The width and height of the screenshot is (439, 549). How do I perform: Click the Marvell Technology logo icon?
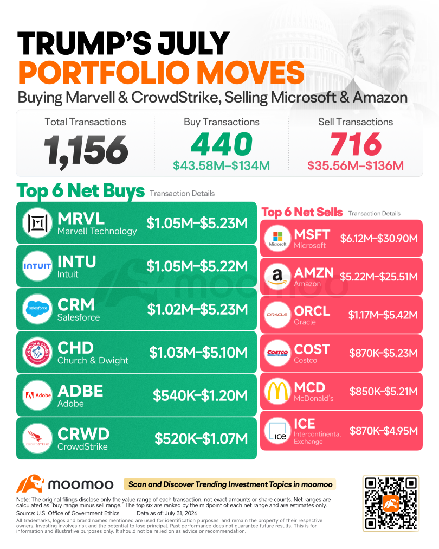(37, 223)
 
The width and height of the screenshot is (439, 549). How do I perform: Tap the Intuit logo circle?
(37, 266)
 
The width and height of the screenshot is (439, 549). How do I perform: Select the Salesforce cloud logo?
(37, 309)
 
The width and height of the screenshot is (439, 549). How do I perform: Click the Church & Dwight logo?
(37, 352)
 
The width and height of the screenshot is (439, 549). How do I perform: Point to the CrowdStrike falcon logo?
(37, 438)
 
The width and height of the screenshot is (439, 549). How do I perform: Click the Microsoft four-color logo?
(277, 239)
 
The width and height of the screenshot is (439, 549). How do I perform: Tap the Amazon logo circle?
(277, 277)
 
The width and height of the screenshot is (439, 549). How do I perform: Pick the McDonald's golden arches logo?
(277, 391)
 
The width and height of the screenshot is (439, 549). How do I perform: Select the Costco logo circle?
(277, 353)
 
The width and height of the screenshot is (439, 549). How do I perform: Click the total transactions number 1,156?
(86, 150)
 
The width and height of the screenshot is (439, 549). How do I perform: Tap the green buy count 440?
(222, 144)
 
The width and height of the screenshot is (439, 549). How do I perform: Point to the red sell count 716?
(356, 144)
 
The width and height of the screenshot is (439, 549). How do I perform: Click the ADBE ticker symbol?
(80, 391)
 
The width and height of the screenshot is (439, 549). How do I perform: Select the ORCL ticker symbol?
(312, 311)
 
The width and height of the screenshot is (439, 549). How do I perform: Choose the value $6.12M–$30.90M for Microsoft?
(379, 239)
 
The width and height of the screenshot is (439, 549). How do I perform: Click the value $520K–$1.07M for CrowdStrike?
(201, 438)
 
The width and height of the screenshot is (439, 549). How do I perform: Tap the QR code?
(391, 503)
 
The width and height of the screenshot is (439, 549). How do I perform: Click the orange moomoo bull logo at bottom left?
(30, 484)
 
